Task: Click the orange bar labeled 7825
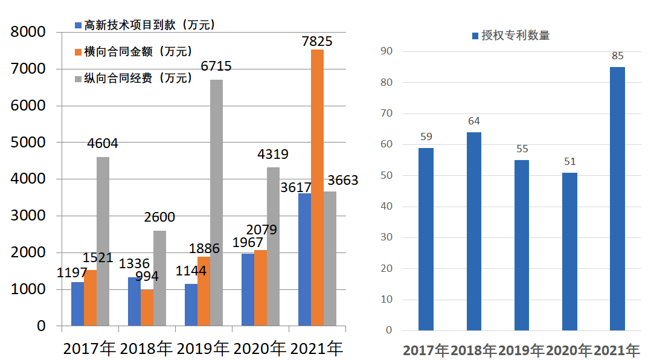coord(317,187)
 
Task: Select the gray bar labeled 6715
coord(216,202)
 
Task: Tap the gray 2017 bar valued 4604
coord(103,242)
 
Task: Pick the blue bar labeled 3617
coord(304,260)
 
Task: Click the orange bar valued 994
coord(147,308)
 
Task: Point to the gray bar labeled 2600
coord(159,278)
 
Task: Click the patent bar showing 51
coord(569,251)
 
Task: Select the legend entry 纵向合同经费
coord(138,78)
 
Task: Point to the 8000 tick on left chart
coord(29,32)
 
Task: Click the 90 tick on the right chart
coord(386,51)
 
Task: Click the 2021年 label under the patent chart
coord(617,350)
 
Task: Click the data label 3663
coord(342,180)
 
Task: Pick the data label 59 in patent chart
coord(426,137)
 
